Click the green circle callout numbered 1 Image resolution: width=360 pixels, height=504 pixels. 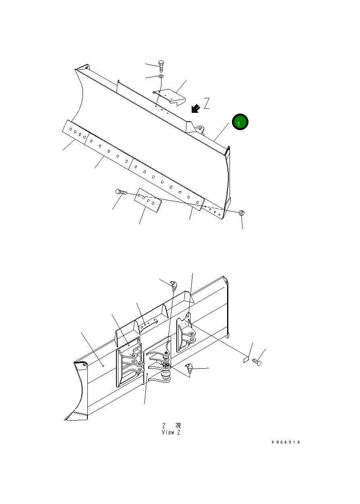240,122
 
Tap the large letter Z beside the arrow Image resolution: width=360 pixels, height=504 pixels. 207,103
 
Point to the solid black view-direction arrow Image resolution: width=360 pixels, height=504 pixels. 196,108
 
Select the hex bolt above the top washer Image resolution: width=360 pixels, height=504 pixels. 161,66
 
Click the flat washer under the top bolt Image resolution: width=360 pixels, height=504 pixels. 161,76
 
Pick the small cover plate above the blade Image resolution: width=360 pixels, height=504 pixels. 169,97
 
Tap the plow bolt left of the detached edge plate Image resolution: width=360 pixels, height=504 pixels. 121,192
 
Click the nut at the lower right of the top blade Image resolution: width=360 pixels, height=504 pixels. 242,212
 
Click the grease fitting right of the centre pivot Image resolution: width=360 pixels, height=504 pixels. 189,368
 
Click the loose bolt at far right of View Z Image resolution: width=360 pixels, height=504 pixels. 257,361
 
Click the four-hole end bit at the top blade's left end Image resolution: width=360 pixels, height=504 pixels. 75,132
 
